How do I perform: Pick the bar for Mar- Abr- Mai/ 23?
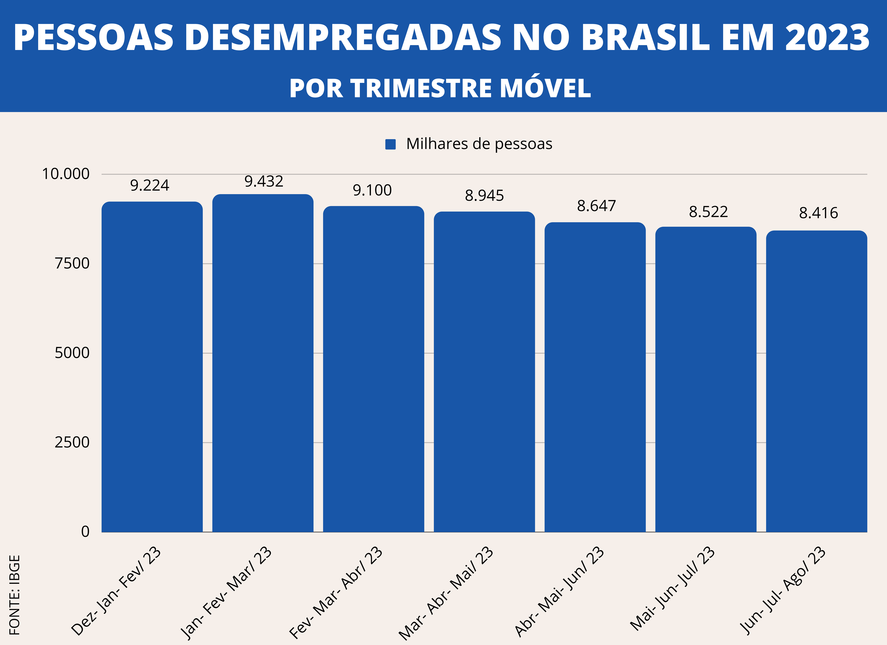(484, 372)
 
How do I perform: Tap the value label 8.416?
(819, 213)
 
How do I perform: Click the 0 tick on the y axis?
(85, 532)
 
